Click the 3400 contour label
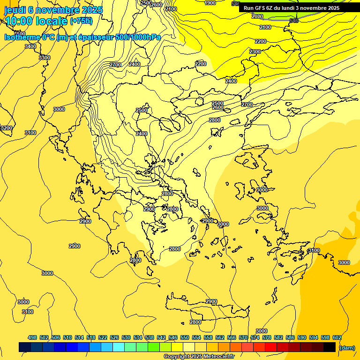tap(30, 46)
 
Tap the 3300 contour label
tap(45, 58)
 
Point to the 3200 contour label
tap(6, 128)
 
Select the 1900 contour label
tap(210, 3)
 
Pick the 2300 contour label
tap(255, 52)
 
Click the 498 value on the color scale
tap(32, 337)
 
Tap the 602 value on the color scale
tap(337, 337)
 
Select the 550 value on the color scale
tap(185, 337)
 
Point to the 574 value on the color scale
tap(255, 337)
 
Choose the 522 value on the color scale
tap(103, 337)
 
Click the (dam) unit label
tap(346, 347)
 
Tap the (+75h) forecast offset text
tap(82, 21)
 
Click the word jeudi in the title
tap(15, 10)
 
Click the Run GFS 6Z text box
tap(292, 8)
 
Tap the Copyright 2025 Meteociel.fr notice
tap(199, 357)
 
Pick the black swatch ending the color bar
tap(330, 347)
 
